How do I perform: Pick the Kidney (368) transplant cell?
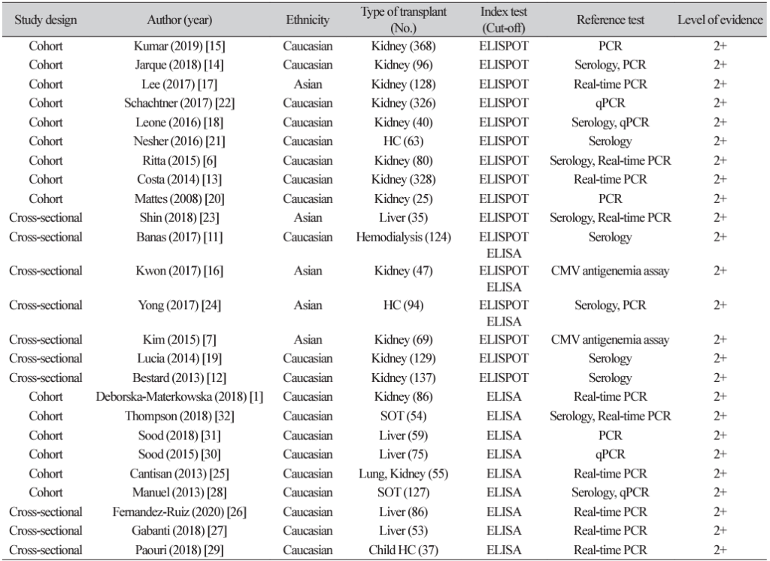tap(402, 46)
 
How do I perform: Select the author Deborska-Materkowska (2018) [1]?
tap(179, 396)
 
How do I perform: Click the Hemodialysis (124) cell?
tap(402, 237)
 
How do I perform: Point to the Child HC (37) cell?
tap(402, 550)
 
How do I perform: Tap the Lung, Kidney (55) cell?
tap(402, 473)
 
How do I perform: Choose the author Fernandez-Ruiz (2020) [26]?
tap(179, 511)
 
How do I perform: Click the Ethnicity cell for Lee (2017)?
tap(308, 84)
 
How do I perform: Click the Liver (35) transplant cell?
tap(402, 217)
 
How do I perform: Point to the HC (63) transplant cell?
tap(402, 141)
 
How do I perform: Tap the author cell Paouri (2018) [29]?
tap(179, 550)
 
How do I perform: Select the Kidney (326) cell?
tap(402, 103)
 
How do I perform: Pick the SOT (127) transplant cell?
tap(402, 492)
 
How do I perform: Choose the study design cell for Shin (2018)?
tap(45, 217)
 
